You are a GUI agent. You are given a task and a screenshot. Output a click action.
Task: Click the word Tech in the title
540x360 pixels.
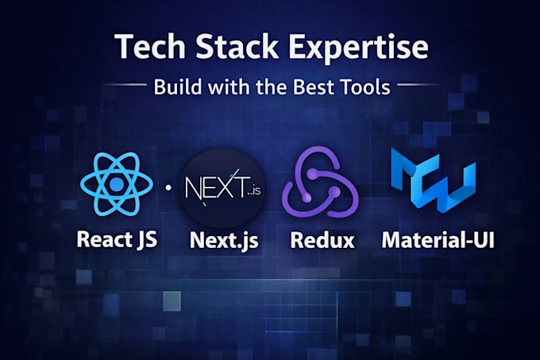click(150, 47)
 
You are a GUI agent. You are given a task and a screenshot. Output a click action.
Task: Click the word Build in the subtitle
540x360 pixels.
click(177, 87)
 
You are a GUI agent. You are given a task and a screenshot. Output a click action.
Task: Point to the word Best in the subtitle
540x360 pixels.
click(313, 87)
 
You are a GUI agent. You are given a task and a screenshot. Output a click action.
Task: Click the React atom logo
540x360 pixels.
click(117, 184)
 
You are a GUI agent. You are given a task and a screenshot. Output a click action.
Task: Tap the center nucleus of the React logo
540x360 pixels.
click(117, 184)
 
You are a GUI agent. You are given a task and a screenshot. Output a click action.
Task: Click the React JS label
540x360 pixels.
click(117, 239)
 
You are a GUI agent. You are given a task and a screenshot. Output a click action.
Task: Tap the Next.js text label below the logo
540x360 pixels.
click(224, 240)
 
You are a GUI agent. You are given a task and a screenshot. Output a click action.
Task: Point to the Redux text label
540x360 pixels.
click(322, 240)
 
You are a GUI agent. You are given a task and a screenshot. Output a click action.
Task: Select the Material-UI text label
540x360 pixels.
click(438, 239)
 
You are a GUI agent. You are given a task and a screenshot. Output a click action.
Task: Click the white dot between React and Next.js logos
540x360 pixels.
click(168, 188)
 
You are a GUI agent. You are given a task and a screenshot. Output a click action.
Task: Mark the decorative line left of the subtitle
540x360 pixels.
click(125, 84)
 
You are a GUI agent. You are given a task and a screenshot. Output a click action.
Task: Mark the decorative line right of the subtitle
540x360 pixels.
click(418, 84)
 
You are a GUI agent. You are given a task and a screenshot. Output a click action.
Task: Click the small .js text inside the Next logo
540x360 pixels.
click(256, 190)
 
